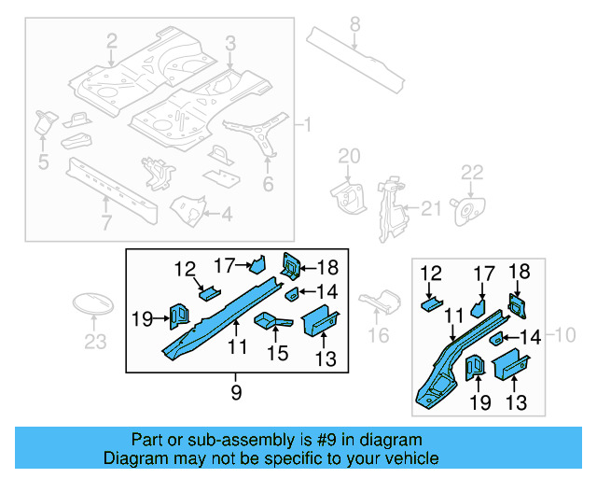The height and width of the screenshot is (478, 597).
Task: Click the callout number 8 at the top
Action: tap(354, 23)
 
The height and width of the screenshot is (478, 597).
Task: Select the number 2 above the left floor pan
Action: tap(112, 41)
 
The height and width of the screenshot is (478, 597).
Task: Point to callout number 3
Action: tap(230, 41)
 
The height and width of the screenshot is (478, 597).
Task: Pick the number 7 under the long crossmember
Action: tap(105, 222)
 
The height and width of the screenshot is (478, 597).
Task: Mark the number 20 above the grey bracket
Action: tap(348, 156)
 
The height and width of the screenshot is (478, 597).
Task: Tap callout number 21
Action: tap(430, 208)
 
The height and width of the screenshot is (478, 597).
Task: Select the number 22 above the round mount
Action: tap(473, 172)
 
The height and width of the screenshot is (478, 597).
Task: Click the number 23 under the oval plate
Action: tap(95, 342)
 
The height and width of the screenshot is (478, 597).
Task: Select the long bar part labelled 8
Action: tap(355, 57)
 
